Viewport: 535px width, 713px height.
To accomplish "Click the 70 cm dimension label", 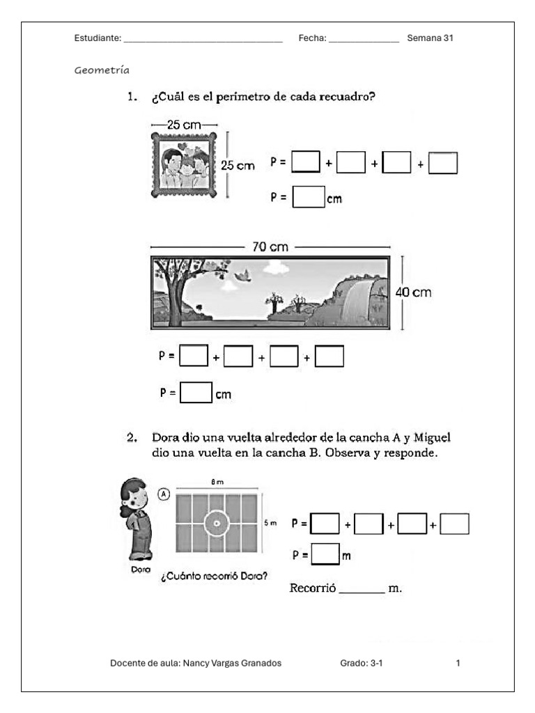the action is pos(270,247).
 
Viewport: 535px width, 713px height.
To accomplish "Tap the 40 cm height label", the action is pos(413,292).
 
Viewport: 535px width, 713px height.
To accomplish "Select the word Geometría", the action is pos(102,70).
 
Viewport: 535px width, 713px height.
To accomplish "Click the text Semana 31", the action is pos(430,38).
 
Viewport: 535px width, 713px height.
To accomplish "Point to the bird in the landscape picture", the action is pos(242,275).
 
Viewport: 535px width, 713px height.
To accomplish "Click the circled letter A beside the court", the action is pos(164,494).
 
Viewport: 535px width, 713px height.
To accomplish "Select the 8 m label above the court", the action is pos(217,482).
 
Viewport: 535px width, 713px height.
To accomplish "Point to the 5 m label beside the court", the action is pos(270,523).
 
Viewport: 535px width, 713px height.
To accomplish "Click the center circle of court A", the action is pos(217,524).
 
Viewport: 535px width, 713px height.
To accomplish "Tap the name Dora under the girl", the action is pos(141,570).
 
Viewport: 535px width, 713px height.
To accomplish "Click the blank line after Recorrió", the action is pos(362,593).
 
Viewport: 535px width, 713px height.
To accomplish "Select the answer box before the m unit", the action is pos(325,554).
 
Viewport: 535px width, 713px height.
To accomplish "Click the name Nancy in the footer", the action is pos(195,663).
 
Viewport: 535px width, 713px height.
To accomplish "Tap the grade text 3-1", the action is pos(376,663).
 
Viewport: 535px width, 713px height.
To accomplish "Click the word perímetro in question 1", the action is pos(243,97).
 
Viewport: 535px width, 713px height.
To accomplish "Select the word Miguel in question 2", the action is pos(432,438).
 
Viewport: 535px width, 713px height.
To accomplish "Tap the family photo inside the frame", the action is pos(184,164).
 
